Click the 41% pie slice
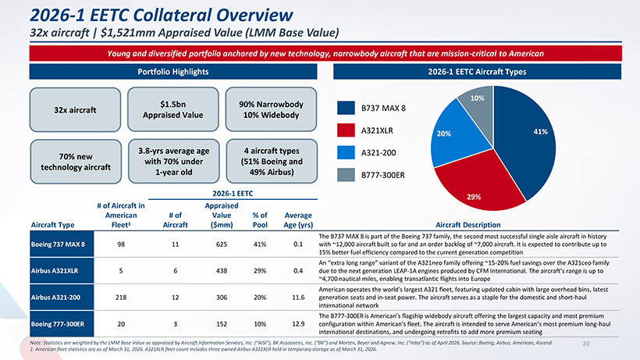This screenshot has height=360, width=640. pos(527,139)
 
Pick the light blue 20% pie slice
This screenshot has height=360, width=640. pos(453,134)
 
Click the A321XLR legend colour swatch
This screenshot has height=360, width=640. pos(346,130)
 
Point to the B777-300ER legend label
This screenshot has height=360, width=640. pos(383,175)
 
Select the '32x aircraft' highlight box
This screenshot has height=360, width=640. pos(75,110)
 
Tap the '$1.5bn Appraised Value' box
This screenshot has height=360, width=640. pos(173,109)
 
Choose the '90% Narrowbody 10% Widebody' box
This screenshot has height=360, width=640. pos(271,109)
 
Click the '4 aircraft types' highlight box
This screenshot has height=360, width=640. pos(272,161)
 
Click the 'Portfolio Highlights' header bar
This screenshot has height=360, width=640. pos(173,72)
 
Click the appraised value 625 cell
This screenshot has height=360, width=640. pos(222,244)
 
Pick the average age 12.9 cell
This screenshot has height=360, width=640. pos(298,323)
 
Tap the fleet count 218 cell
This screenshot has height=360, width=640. pos(121,298)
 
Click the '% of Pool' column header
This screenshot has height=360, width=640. pos(260,220)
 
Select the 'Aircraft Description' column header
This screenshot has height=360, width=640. pos(468,224)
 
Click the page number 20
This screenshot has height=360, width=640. pos(586,344)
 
